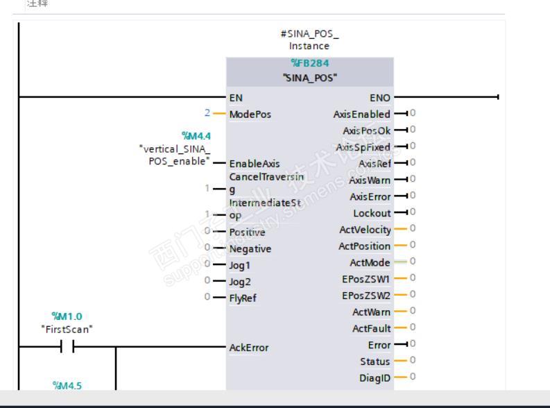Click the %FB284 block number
click(x=309, y=64)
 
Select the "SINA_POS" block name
click(x=309, y=77)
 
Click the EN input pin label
click(x=236, y=99)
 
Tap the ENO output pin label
click(x=381, y=99)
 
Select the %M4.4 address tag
click(x=196, y=135)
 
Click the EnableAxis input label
click(x=253, y=164)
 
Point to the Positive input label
click(x=247, y=232)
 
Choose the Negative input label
click(x=250, y=248)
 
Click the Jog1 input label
click(x=239, y=264)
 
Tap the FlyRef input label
click(x=243, y=298)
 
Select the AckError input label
click(x=248, y=347)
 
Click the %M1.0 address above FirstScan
click(x=68, y=316)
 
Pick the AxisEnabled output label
click(x=362, y=114)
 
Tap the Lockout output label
click(x=372, y=213)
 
